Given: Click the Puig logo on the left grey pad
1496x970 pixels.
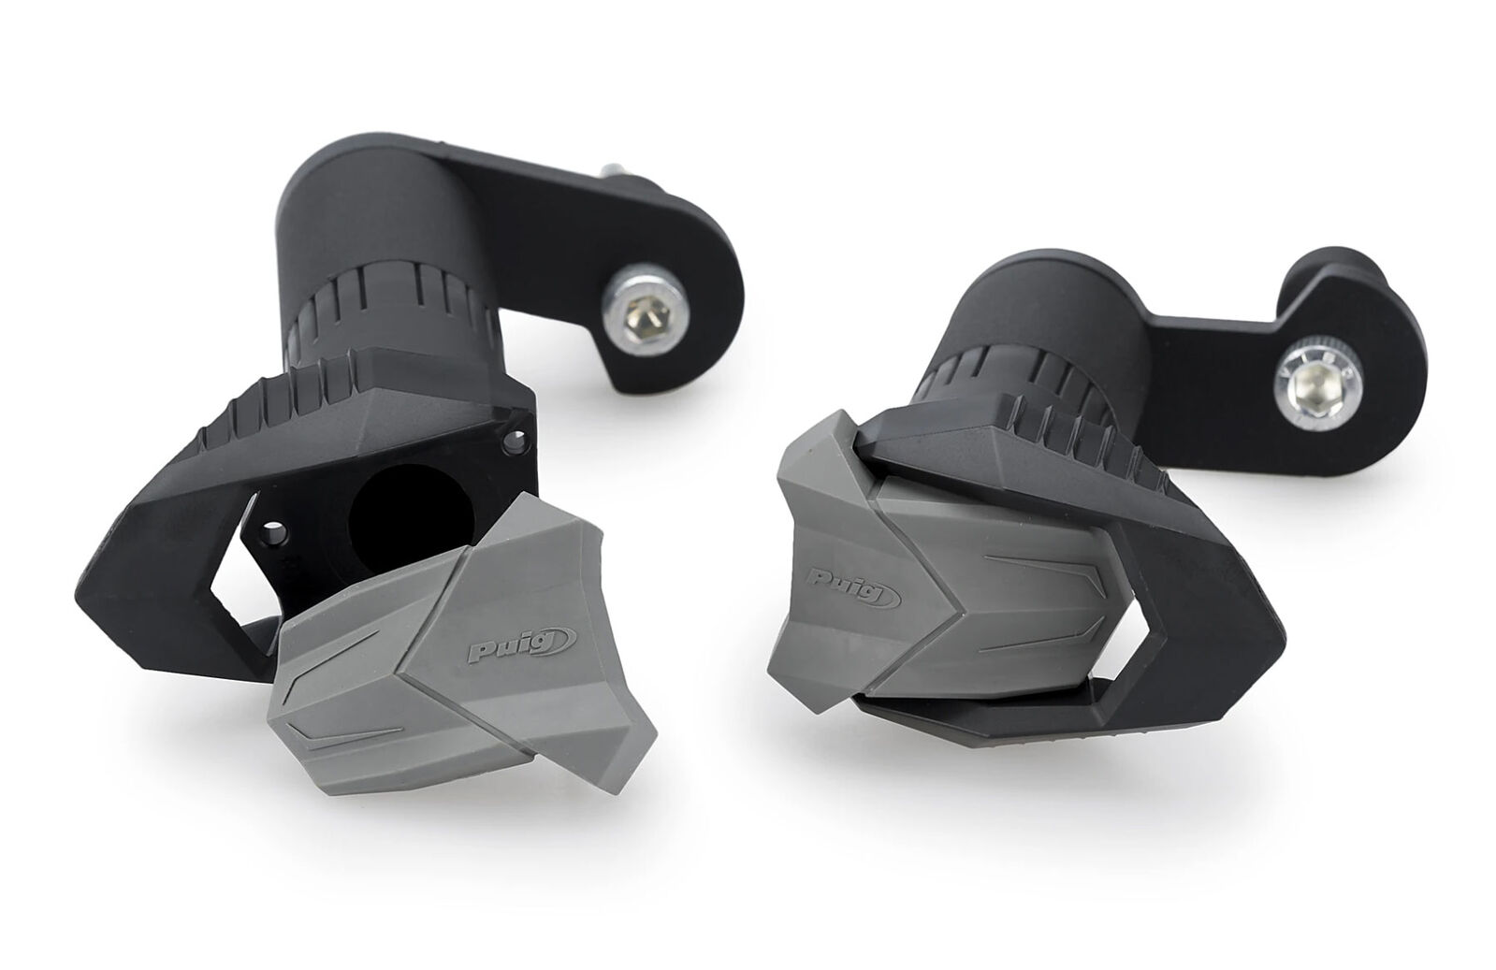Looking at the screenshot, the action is click(x=522, y=644).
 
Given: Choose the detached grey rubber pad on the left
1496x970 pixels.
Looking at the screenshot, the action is click(x=461, y=651).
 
